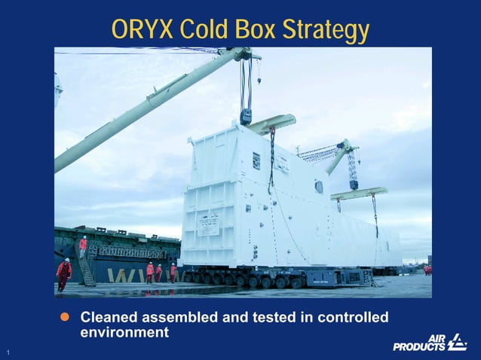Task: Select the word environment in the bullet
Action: [124, 332]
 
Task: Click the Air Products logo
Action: [429, 343]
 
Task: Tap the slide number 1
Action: [6, 352]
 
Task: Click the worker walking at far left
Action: [63, 273]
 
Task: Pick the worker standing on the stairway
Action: [83, 244]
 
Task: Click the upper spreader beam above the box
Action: [271, 123]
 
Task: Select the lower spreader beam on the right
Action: [358, 194]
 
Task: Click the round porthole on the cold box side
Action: [319, 187]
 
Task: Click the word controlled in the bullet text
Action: [351, 318]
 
